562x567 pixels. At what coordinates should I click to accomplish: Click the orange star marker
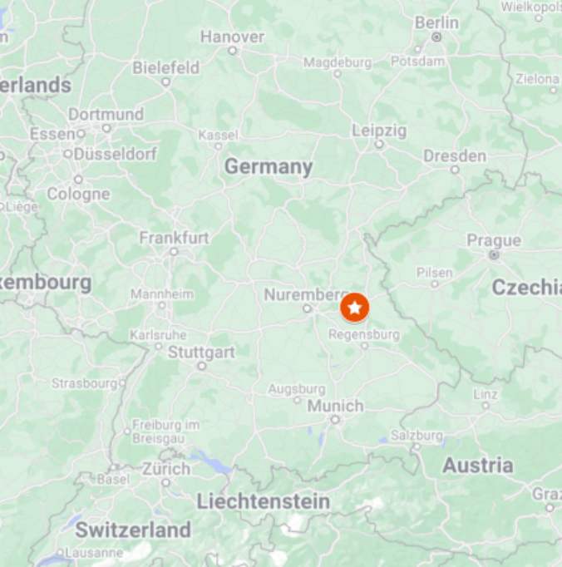point(355,308)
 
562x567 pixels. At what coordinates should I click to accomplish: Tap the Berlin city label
point(436,22)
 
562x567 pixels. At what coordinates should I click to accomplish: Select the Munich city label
point(335,406)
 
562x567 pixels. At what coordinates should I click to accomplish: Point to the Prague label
point(494,240)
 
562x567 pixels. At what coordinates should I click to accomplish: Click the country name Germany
point(269,167)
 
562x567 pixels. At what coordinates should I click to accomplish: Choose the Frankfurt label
point(174,238)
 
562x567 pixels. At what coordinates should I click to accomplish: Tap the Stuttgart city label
point(201,352)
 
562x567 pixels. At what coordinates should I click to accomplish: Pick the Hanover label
point(232,37)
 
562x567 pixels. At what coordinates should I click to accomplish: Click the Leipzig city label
point(379,131)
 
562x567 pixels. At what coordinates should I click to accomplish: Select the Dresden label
point(455,155)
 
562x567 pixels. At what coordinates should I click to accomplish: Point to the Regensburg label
point(364,335)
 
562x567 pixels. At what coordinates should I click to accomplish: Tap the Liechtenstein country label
point(263,501)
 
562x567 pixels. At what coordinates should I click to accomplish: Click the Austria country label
point(477,466)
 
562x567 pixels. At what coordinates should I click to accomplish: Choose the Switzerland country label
point(133,530)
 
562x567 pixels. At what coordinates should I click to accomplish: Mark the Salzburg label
point(417,435)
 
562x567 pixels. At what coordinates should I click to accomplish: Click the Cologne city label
point(78,194)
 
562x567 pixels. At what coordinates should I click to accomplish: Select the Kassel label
point(218,135)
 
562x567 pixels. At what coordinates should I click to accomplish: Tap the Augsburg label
point(297,388)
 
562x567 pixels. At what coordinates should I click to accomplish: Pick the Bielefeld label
point(165,67)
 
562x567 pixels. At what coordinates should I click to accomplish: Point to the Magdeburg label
point(337,62)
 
